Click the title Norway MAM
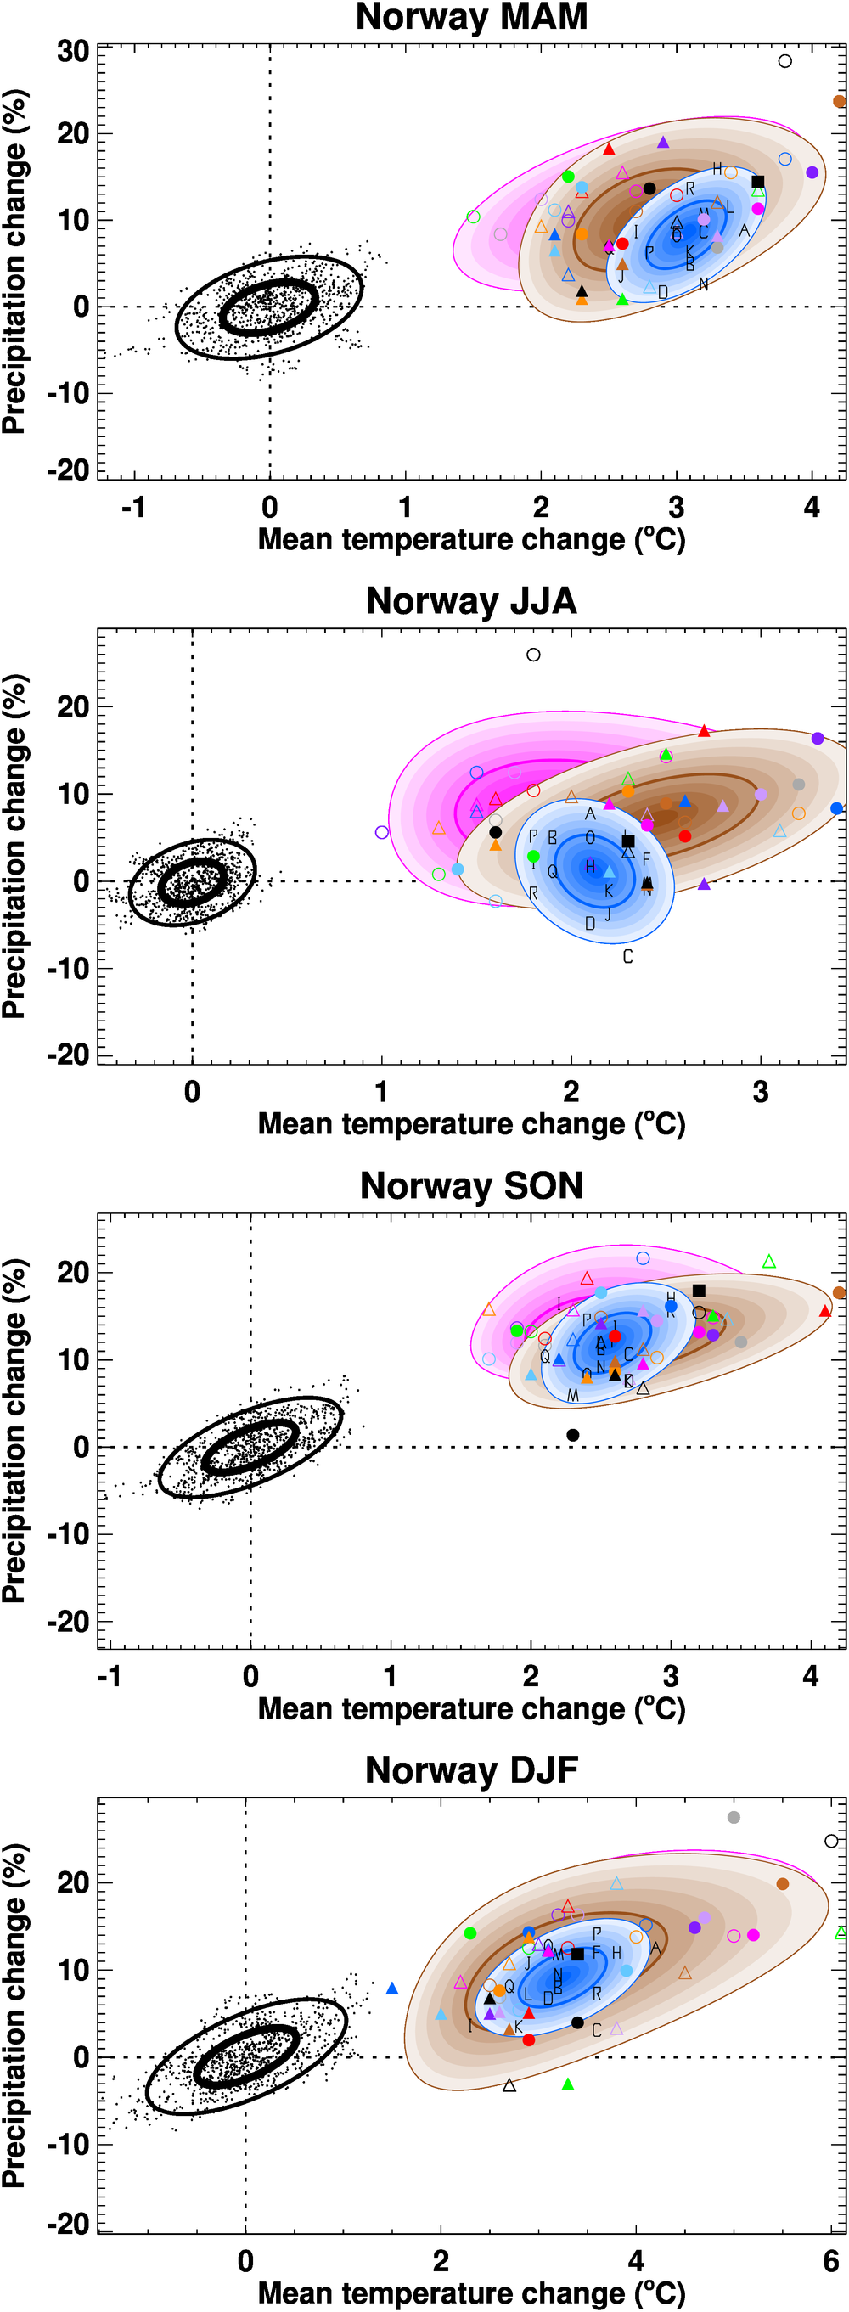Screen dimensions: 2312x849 point(471,17)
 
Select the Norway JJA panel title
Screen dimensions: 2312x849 point(471,600)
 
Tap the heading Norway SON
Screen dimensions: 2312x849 point(471,1185)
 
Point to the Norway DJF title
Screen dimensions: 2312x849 point(471,1770)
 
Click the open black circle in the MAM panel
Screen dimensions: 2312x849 point(785,61)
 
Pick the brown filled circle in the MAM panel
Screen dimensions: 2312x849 point(839,101)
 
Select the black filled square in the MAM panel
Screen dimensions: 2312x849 point(757,182)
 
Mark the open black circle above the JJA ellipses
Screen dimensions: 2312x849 point(533,655)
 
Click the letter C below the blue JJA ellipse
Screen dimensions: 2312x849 point(627,957)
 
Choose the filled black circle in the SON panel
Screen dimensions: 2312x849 point(572,1435)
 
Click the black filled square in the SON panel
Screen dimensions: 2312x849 point(699,1291)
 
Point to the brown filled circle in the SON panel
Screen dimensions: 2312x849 point(839,1292)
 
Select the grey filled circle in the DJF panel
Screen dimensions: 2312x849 point(734,1818)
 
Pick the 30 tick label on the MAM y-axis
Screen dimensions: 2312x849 point(73,51)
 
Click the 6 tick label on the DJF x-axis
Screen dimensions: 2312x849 point(831,2261)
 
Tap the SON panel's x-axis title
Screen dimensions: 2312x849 point(471,1708)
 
